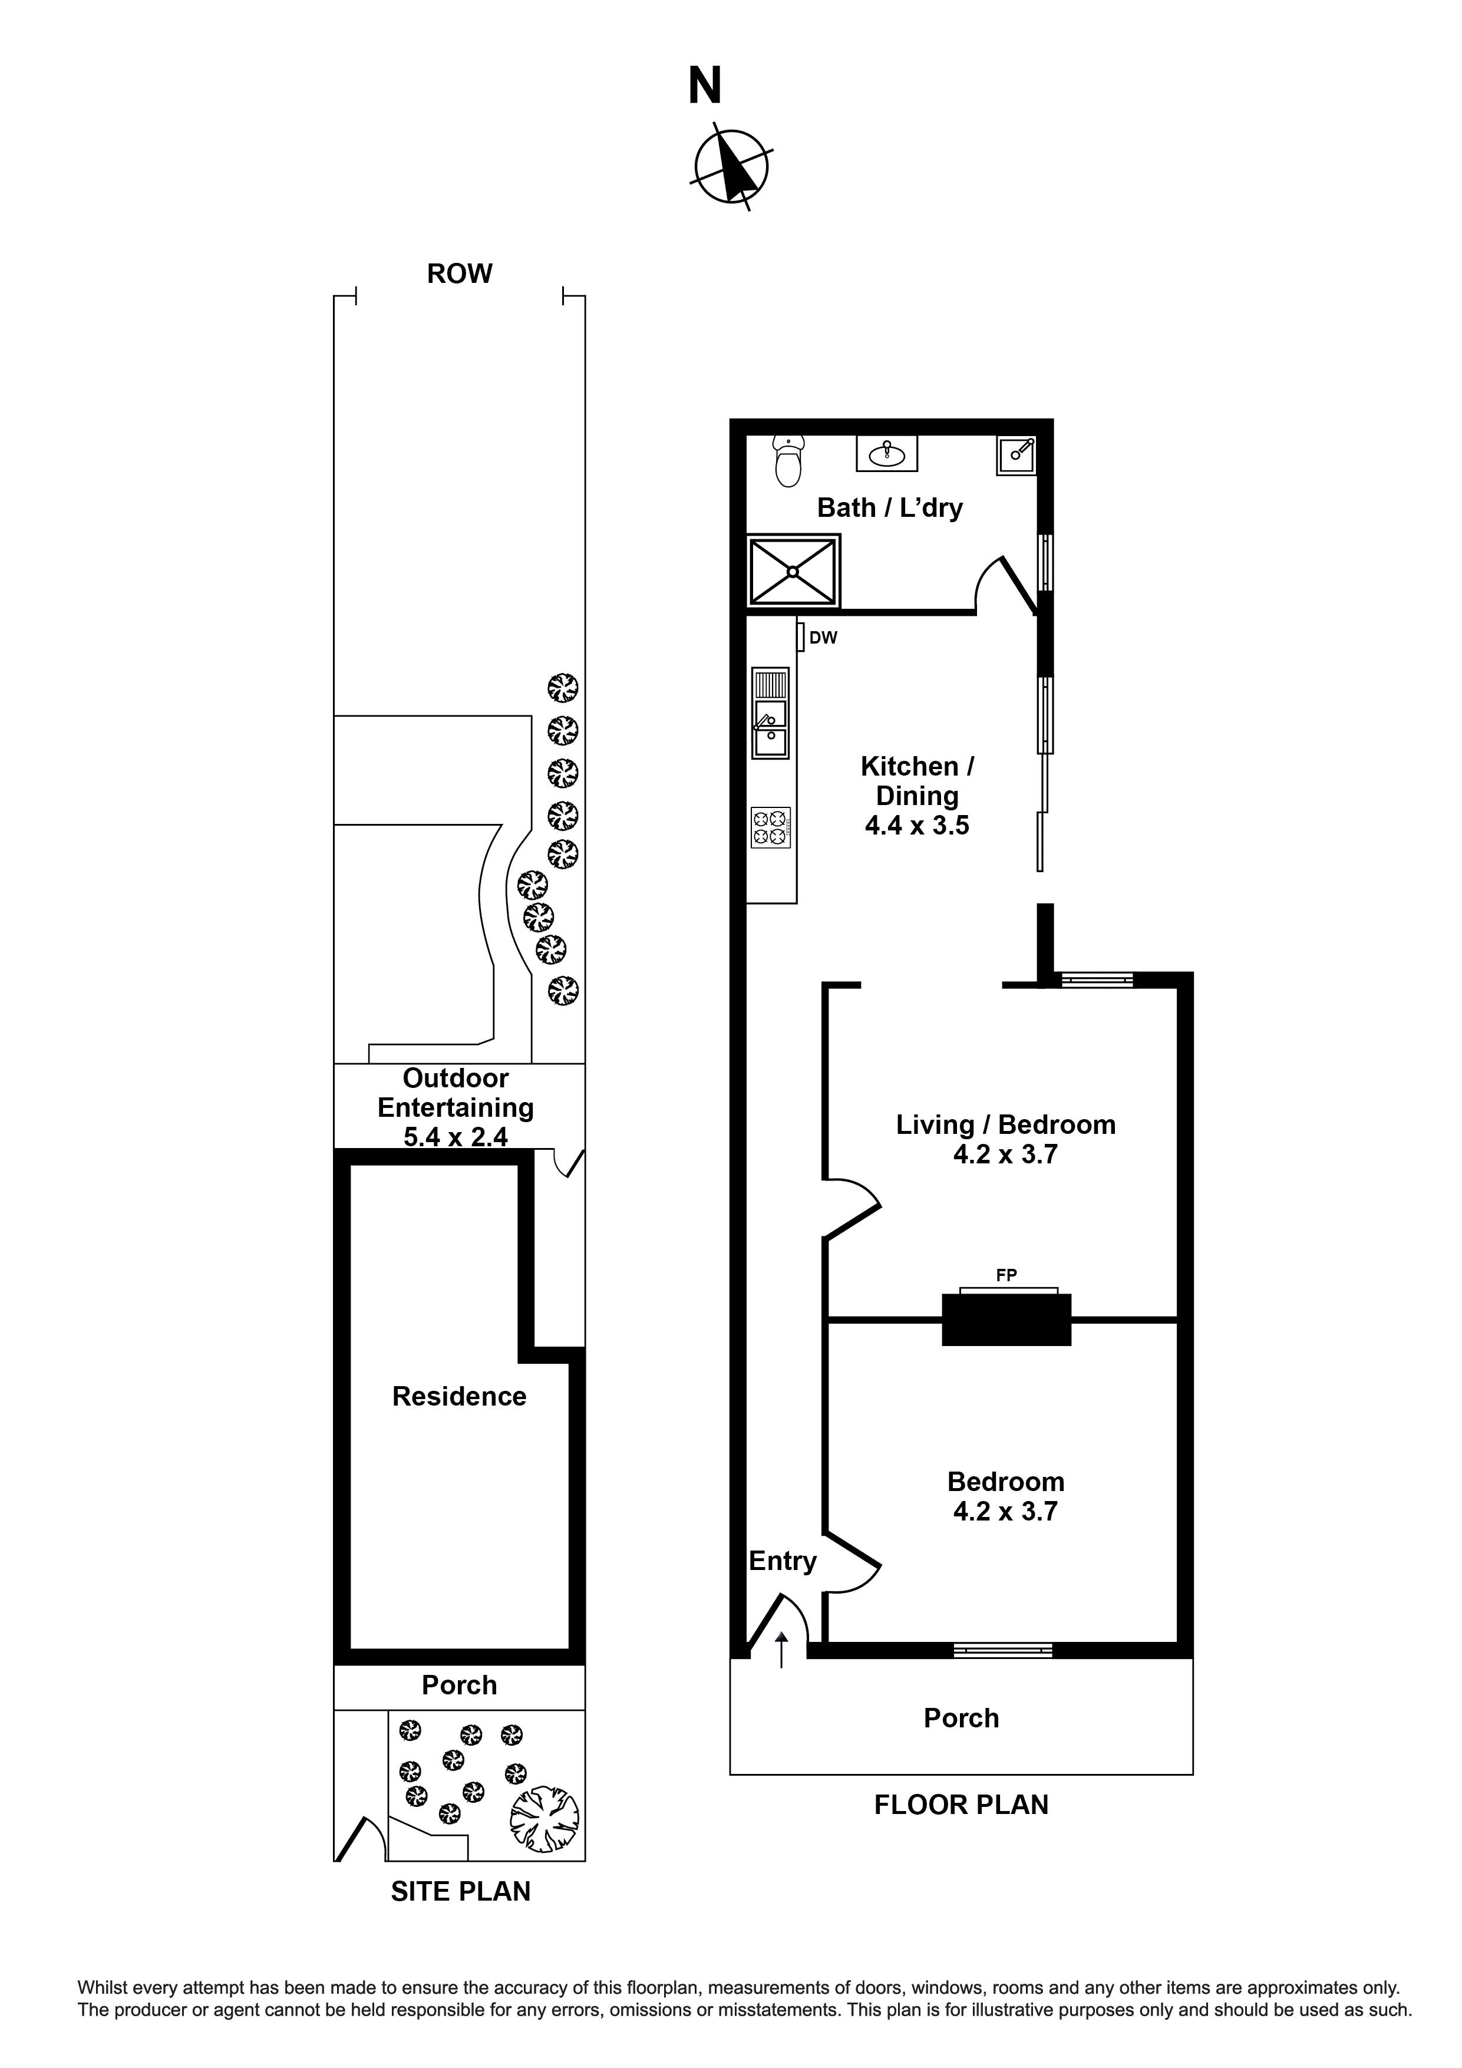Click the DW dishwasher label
click(x=823, y=638)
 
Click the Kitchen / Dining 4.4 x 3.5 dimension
click(x=917, y=826)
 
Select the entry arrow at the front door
click(x=781, y=1649)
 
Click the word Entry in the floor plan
click(x=782, y=1561)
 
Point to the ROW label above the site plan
click(x=460, y=274)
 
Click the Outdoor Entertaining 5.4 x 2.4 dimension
click(x=455, y=1137)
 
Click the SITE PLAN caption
click(x=460, y=1891)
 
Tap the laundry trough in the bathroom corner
click(x=1016, y=456)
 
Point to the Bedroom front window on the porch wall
click(x=1002, y=1651)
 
